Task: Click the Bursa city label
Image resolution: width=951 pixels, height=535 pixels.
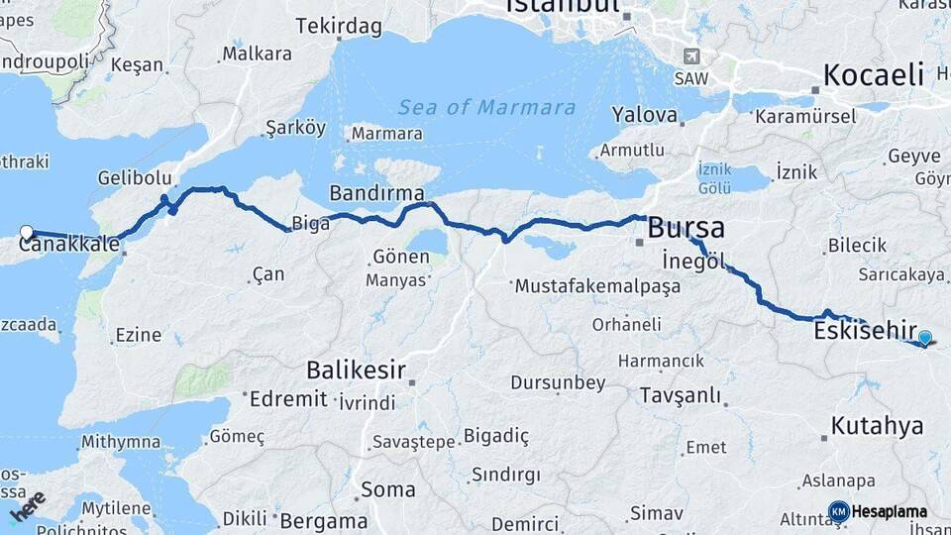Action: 686,227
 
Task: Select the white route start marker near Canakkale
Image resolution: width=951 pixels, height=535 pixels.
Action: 27,233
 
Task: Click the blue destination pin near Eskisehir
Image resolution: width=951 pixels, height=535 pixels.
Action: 924,338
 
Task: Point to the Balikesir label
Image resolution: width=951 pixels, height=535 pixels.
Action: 357,371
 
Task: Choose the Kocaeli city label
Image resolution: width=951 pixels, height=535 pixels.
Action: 874,74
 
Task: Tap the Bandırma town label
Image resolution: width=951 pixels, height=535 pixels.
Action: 376,192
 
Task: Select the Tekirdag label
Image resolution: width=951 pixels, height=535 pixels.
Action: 339,26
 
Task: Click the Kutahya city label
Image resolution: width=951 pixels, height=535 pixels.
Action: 877,426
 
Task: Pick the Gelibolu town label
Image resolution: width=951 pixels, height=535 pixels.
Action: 135,178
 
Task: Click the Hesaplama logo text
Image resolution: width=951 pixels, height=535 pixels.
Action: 890,512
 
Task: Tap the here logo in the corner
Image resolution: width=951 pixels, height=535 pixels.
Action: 27,507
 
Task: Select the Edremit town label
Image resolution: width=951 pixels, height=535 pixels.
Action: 288,398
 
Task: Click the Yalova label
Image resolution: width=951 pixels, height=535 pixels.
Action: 644,115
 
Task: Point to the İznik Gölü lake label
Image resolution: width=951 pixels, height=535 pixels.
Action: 714,178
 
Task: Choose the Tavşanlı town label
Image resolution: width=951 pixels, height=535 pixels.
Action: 680,395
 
